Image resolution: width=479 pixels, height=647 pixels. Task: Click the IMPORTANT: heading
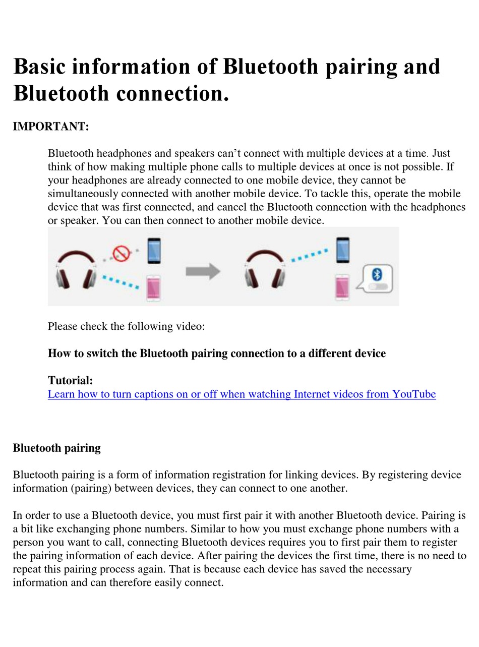[51, 126]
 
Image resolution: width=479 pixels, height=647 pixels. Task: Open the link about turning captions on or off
[242, 394]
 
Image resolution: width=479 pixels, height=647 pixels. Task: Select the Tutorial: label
[71, 380]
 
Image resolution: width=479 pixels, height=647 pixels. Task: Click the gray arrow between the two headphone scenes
[203, 271]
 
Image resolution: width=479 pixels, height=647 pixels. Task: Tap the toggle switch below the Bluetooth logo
[378, 286]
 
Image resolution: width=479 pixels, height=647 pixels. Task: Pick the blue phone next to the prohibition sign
[154, 251]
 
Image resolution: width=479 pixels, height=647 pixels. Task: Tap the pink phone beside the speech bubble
[342, 287]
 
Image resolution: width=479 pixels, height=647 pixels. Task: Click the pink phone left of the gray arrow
[153, 288]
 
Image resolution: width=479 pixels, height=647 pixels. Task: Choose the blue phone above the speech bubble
[343, 250]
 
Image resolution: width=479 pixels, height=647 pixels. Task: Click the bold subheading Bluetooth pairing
[56, 448]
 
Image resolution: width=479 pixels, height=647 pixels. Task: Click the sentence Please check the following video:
[126, 326]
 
